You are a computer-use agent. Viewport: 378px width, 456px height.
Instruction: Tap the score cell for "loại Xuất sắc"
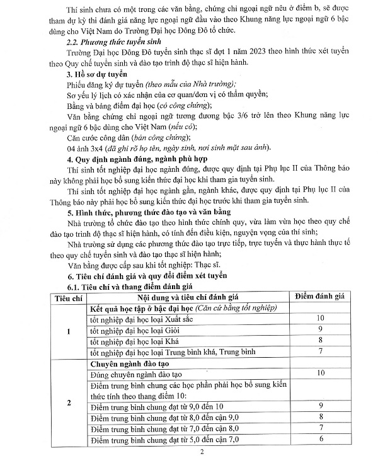coord(320,318)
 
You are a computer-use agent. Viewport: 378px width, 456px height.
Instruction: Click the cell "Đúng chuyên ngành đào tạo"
coord(135,373)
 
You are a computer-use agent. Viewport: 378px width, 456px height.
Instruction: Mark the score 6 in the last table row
coord(320,438)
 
